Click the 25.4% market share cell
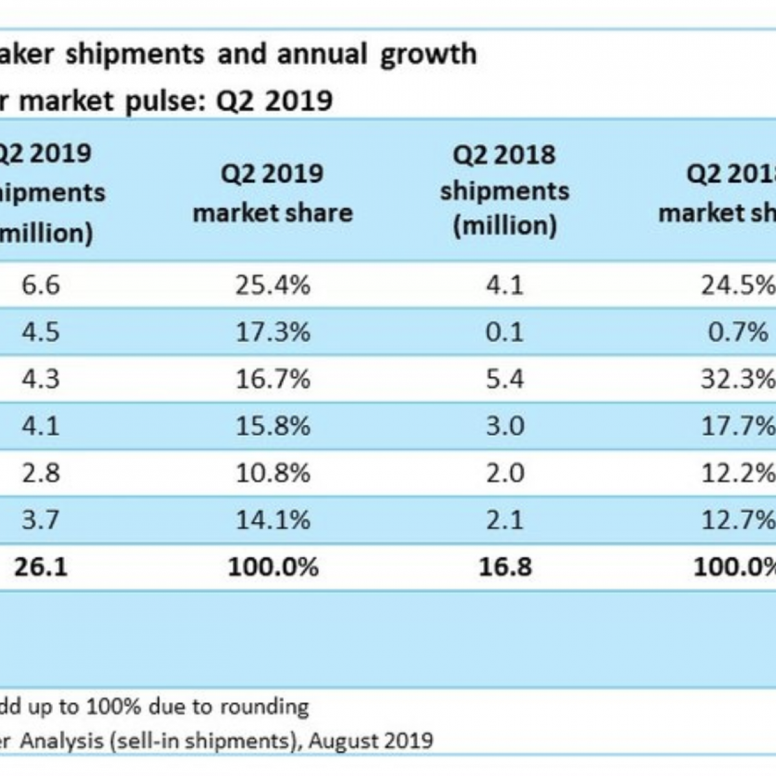(x=273, y=285)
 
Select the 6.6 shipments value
(x=41, y=285)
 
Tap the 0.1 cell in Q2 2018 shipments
(x=505, y=332)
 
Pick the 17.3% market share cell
(x=273, y=332)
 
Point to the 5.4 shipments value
(x=505, y=379)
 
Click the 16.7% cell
(x=273, y=379)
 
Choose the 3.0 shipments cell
(x=505, y=426)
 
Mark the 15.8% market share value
(x=273, y=426)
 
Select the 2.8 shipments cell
(x=41, y=473)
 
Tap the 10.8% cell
(x=273, y=473)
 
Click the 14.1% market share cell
(x=273, y=520)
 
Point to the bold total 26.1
(x=41, y=567)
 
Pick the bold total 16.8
(x=505, y=567)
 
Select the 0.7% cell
(x=737, y=332)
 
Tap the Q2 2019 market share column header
(x=273, y=193)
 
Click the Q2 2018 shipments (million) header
(x=505, y=190)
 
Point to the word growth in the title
(x=428, y=54)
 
